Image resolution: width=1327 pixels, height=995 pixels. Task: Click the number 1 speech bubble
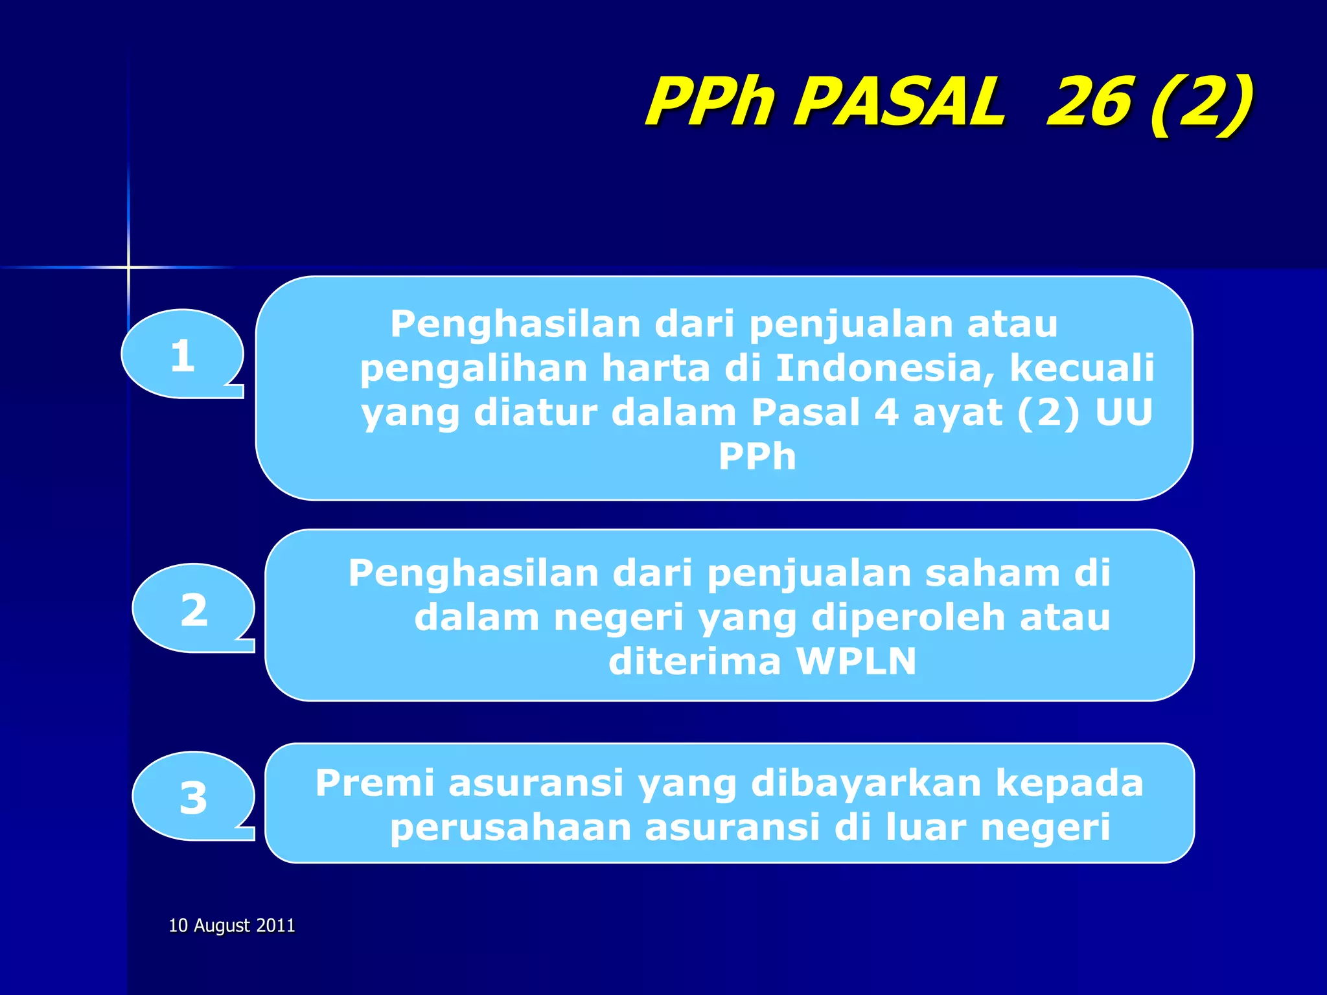pos(182,354)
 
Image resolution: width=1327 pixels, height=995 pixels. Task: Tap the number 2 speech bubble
pos(193,608)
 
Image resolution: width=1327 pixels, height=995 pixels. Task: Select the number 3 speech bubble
pos(193,797)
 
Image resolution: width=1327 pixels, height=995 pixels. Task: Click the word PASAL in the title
pos(901,102)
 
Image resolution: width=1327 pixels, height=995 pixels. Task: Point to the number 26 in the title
pos(1089,102)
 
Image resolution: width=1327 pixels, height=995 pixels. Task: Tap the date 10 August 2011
pos(231,925)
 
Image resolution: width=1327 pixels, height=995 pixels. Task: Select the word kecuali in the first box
pos(1081,368)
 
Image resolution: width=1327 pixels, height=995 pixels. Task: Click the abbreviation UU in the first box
pos(1124,412)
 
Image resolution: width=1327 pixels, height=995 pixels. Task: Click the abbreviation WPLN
pos(856,661)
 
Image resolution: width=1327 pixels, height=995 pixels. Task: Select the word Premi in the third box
pos(375,783)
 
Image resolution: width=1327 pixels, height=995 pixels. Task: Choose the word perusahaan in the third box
pos(511,828)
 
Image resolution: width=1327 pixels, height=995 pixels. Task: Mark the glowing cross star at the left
pos(128,267)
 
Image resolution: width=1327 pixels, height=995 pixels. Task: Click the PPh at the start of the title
pos(710,102)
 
